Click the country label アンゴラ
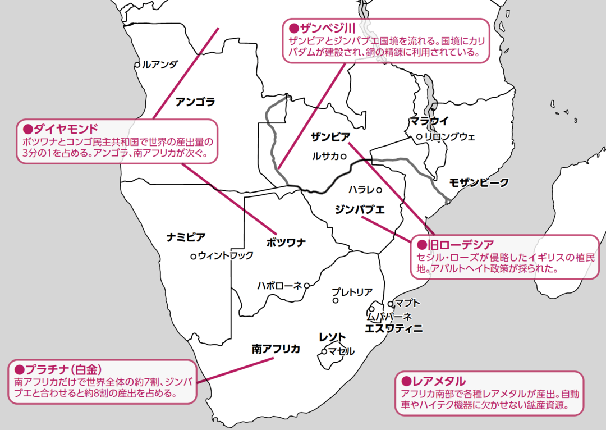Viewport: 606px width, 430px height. tap(195, 102)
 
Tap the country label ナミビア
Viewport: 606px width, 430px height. tap(186, 237)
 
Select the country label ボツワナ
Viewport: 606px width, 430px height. tap(286, 243)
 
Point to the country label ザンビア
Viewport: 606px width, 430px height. tap(330, 136)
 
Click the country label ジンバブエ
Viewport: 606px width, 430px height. tap(359, 210)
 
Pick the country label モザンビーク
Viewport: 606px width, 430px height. tap(479, 182)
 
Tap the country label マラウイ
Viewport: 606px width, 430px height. tap(429, 121)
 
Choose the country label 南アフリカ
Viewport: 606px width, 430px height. tap(276, 349)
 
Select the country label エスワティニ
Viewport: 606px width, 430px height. tap(393, 328)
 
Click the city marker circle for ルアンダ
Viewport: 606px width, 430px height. tap(137, 65)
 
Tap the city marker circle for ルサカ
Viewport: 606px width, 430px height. tap(343, 157)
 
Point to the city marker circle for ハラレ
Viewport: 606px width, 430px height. tap(379, 190)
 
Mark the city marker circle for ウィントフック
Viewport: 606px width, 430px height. tap(194, 256)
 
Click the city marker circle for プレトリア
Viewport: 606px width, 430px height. tap(336, 300)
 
